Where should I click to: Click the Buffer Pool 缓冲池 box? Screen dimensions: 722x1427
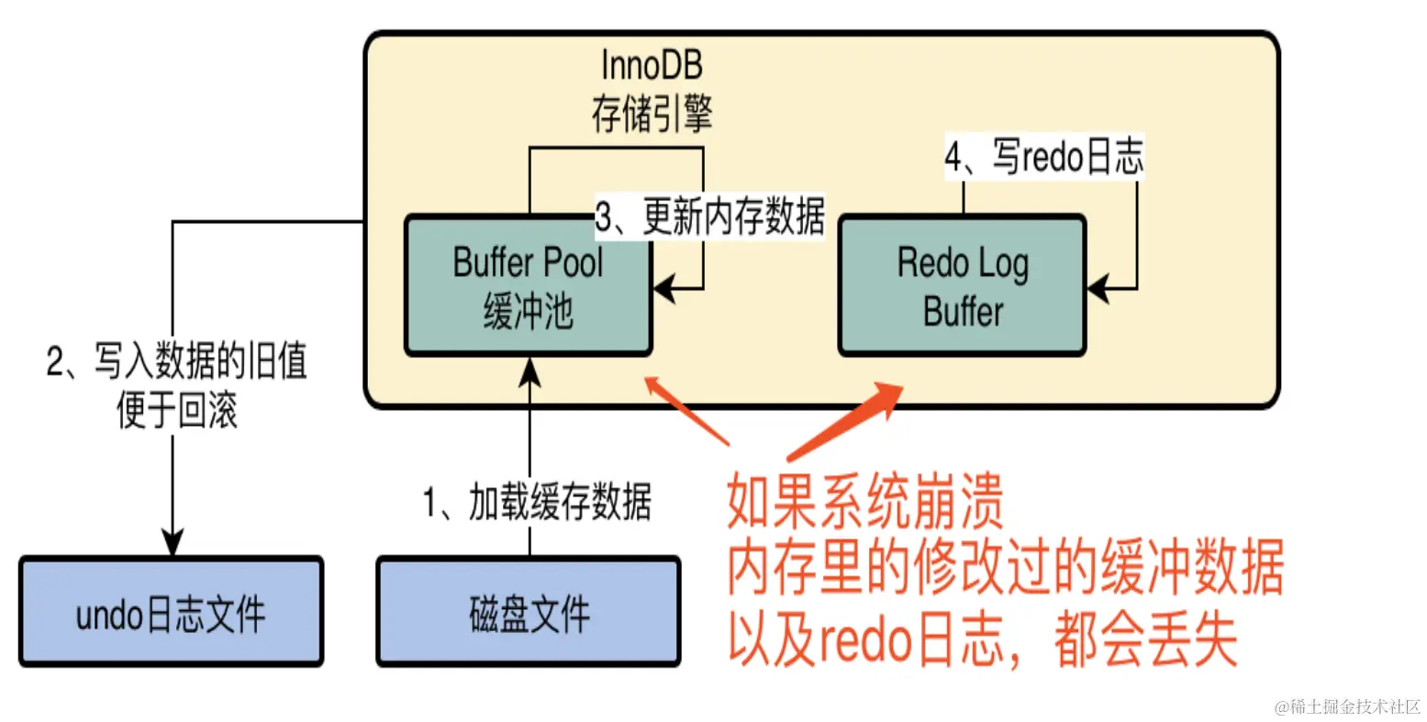(528, 286)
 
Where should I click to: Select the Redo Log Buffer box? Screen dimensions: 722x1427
(962, 286)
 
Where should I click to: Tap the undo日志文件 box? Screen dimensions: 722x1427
(171, 612)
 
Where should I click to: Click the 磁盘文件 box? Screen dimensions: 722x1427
(529, 612)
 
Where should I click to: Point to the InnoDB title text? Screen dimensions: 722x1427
(652, 65)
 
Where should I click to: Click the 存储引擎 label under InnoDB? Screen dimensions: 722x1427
(652, 114)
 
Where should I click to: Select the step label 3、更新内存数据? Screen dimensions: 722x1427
(709, 217)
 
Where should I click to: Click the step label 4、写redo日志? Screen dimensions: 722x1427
(1044, 158)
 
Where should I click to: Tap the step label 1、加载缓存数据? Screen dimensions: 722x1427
(537, 503)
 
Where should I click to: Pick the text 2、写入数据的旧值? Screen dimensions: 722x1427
(176, 361)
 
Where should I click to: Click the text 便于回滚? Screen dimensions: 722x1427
(176, 409)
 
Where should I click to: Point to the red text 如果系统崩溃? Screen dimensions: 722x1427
(864, 502)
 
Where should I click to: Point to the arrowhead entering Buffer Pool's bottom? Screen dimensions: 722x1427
(530, 370)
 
